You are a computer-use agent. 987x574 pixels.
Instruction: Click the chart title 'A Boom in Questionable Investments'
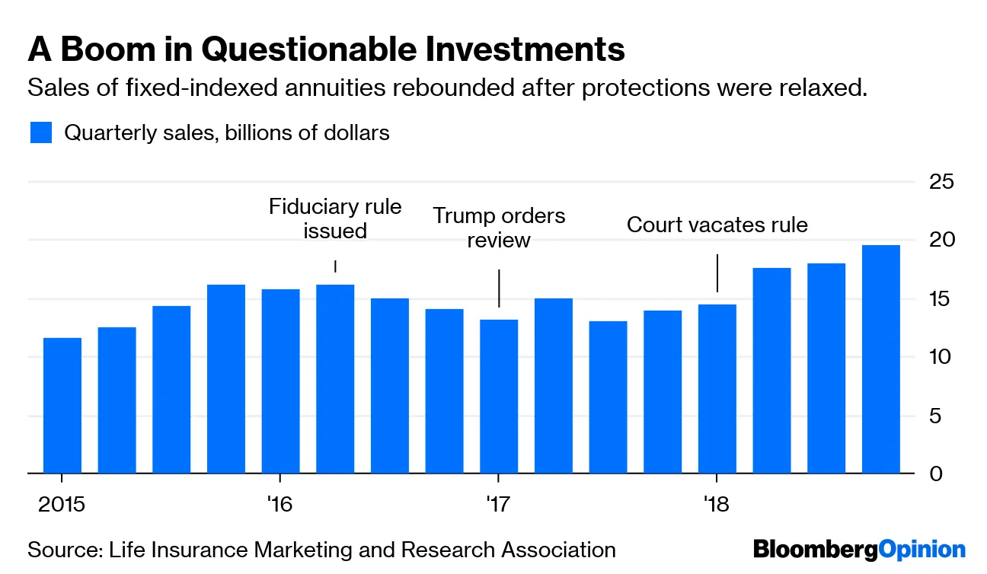pos(326,49)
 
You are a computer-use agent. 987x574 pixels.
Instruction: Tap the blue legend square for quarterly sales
pos(41,132)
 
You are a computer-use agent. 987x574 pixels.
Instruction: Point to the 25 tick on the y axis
pos(941,182)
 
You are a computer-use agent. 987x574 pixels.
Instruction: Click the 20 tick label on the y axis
pos(941,240)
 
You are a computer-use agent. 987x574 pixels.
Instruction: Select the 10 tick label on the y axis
pos(941,357)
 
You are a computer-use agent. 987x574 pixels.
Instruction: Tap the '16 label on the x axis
pos(280,503)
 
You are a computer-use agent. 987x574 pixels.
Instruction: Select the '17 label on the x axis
pos(498,503)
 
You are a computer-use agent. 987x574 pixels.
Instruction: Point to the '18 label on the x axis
pos(716,503)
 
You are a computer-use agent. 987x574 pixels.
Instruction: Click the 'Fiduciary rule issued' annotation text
pos(335,218)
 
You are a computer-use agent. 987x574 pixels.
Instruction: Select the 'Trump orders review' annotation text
pos(499,228)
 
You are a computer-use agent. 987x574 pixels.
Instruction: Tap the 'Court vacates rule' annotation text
pos(717,225)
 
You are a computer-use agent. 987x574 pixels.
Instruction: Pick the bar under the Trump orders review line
pos(499,397)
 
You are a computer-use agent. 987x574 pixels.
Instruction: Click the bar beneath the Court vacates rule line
pos(717,389)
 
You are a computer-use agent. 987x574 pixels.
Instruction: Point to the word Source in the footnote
pos(54,550)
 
